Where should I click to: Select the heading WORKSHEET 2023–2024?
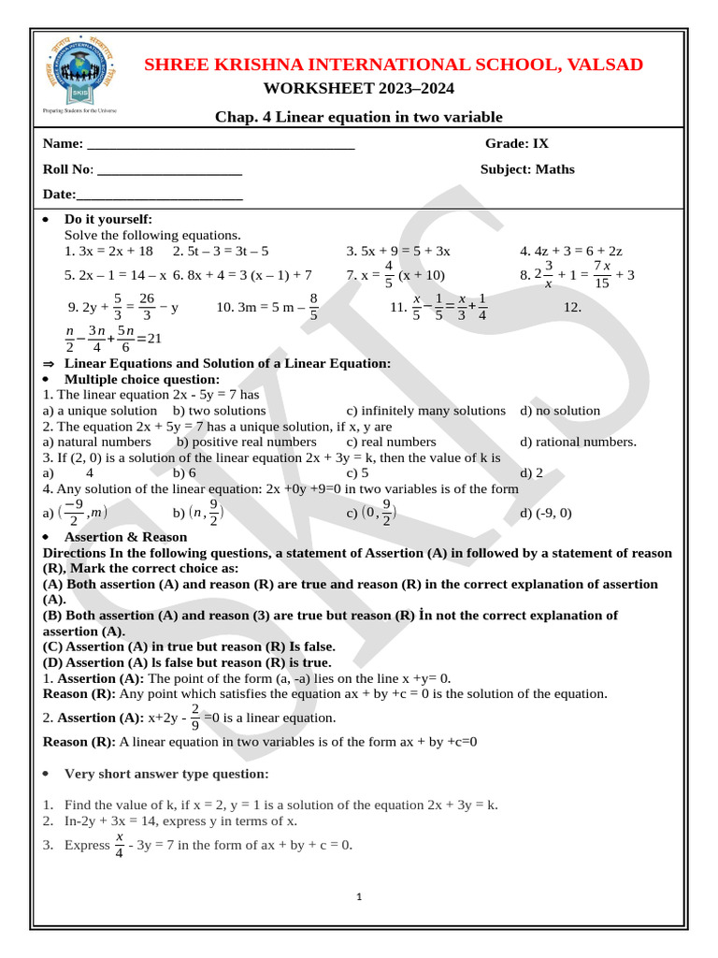coord(359,89)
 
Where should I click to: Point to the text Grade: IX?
coord(517,143)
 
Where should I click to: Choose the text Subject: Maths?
coord(527,169)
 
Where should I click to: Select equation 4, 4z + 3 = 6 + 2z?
coord(571,251)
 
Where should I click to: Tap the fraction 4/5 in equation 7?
coord(388,275)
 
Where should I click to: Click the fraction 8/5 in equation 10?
coord(313,306)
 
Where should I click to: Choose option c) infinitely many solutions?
coord(425,411)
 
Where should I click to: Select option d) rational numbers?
coord(578,442)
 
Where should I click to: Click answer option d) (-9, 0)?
coord(546,513)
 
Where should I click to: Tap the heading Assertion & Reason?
coord(125,537)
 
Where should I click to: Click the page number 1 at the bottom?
coord(360,897)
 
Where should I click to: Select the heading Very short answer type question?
coord(166,774)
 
